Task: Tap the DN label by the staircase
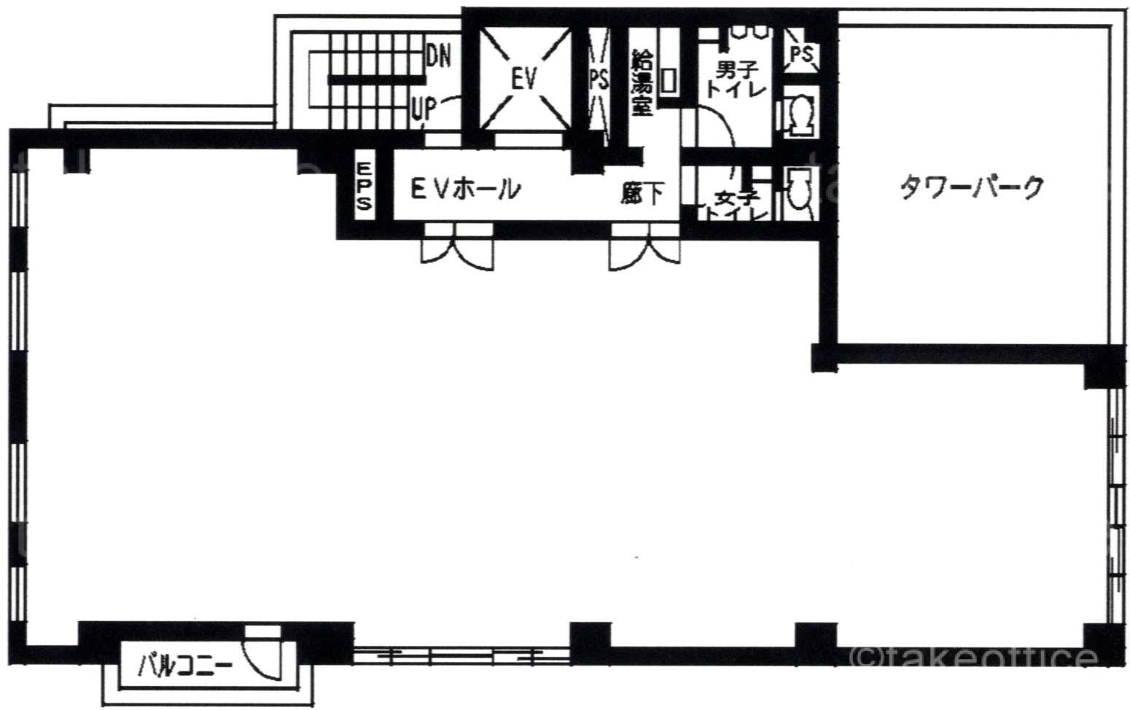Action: (438, 56)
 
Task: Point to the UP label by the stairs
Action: (424, 109)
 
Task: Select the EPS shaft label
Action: (365, 186)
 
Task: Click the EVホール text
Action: (466, 190)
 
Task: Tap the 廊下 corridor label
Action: (642, 193)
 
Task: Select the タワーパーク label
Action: (972, 187)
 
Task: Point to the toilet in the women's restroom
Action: (799, 195)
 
